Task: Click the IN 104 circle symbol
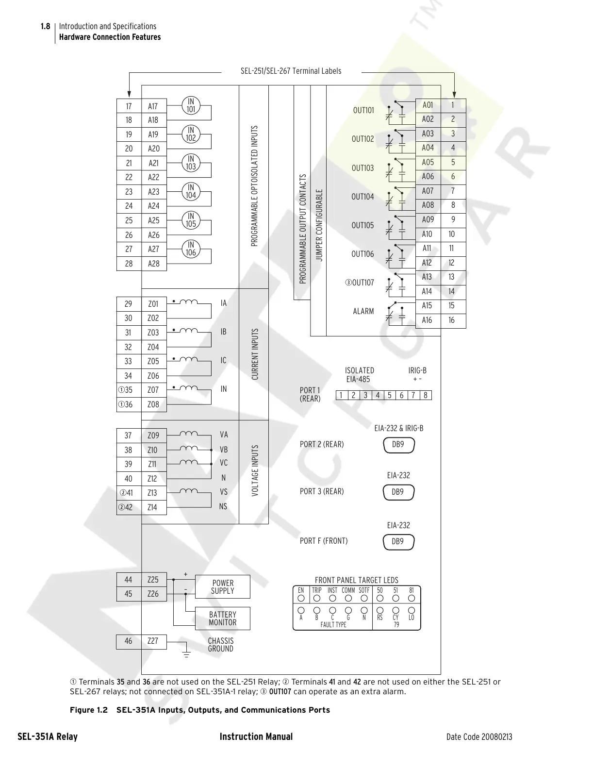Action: (x=191, y=191)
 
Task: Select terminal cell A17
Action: (x=153, y=106)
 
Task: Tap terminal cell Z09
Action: (x=153, y=435)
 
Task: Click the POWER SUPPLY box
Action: (x=222, y=587)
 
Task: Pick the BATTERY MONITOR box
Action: (x=222, y=619)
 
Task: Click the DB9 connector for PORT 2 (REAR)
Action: (x=399, y=445)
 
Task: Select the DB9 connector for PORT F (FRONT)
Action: (x=399, y=542)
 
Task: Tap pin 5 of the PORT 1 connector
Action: (x=389, y=395)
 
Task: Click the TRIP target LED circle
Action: (x=317, y=598)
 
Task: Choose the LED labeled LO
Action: (x=412, y=610)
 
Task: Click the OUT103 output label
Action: (x=362, y=168)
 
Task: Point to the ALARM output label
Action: (x=363, y=311)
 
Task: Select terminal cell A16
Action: (x=428, y=320)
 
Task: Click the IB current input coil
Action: (x=189, y=331)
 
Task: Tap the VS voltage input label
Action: (x=224, y=492)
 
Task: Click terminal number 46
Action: (x=128, y=641)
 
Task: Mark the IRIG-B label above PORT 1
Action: (x=417, y=370)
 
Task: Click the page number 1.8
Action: (x=45, y=26)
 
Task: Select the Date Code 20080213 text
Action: (x=479, y=737)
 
